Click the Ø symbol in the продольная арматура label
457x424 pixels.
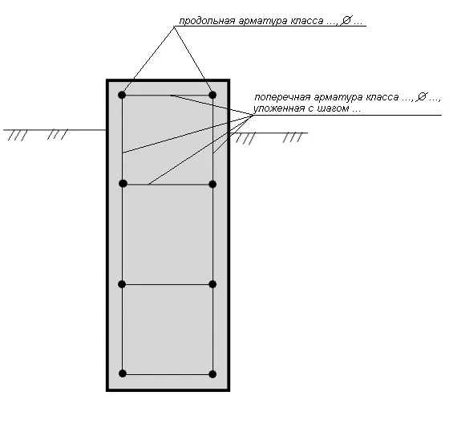click(x=346, y=20)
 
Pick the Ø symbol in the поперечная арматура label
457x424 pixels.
click(x=422, y=96)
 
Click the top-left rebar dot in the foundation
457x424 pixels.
click(x=122, y=95)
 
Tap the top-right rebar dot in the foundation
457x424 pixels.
click(x=212, y=95)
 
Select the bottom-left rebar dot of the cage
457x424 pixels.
click(x=123, y=373)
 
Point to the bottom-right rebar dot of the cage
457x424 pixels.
click(x=212, y=374)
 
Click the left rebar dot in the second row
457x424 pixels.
click(x=123, y=184)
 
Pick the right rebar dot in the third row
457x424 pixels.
click(x=212, y=284)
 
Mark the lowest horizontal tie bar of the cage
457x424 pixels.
click(x=168, y=374)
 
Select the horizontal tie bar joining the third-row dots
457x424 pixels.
click(x=168, y=284)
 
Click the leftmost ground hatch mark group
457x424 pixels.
click(x=18, y=136)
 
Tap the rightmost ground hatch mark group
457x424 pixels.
click(x=293, y=137)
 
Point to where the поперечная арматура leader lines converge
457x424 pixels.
click(x=253, y=116)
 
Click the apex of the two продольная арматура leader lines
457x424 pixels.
click(x=174, y=26)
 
